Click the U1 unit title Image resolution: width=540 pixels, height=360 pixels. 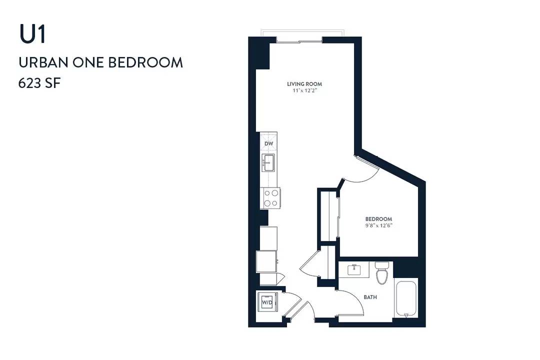coord(32,34)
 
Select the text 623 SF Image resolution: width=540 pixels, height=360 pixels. coord(39,83)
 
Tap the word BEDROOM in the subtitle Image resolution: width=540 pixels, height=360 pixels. coord(145,62)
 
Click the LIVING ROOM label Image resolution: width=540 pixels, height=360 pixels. coord(304,84)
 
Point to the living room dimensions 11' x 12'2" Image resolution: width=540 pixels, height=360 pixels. coord(304,91)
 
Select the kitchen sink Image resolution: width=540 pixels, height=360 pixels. coord(268,162)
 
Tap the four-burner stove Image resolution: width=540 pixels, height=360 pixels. coord(270,198)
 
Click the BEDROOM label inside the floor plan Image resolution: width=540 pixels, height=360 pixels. coord(378,219)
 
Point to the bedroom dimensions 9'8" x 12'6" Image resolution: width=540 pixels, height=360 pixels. coord(379,226)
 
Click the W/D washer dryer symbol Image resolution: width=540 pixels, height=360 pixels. coord(267,302)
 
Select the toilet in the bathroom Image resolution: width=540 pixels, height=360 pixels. coord(382,272)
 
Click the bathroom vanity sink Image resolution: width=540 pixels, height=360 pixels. coord(354,269)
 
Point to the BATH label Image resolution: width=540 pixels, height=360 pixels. coord(370,297)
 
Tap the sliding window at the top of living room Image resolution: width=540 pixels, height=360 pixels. coord(299,42)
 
